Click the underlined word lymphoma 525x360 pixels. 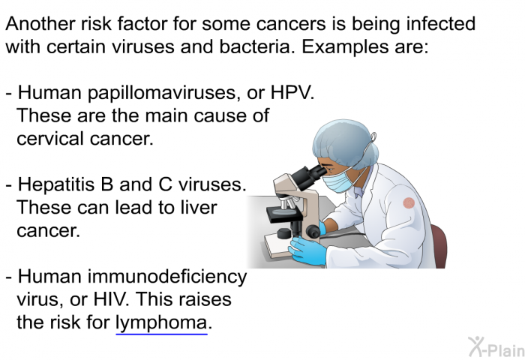161,323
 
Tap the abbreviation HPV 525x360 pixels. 291,92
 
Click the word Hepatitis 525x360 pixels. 56,185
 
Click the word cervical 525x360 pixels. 50,138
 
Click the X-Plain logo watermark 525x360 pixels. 496,347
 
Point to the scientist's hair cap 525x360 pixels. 345,144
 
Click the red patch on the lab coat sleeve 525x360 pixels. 409,203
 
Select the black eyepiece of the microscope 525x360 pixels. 307,175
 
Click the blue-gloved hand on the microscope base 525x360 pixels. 306,250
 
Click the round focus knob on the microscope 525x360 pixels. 313,232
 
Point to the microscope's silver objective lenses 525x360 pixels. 289,202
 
